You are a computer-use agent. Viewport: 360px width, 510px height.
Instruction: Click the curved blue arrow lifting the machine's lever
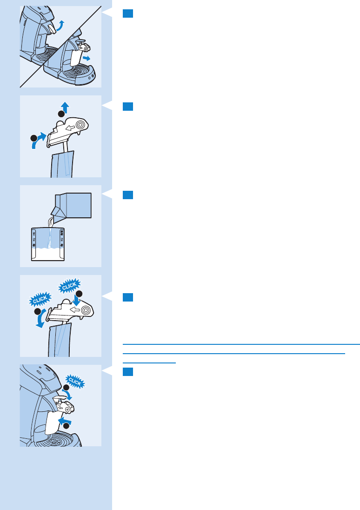point(60,27)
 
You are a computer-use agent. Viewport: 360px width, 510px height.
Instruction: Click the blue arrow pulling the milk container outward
point(87,58)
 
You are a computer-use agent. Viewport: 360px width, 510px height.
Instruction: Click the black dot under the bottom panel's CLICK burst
point(66,387)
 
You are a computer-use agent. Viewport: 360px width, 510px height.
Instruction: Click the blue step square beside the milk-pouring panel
point(128,195)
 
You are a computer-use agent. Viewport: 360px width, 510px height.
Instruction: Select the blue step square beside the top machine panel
point(128,13)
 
